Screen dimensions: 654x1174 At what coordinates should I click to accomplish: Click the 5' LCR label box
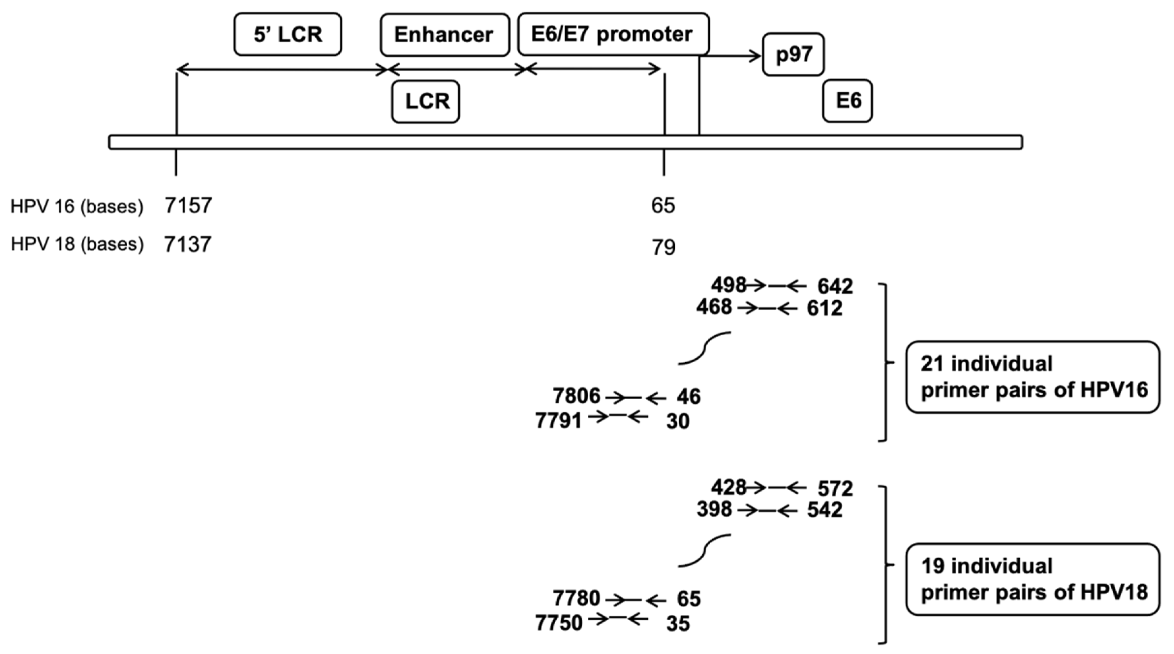point(288,35)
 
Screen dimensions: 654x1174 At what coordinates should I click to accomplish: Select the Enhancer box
point(444,35)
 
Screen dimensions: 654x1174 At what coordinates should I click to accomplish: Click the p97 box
point(793,54)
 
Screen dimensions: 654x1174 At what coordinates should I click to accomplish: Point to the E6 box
point(847,101)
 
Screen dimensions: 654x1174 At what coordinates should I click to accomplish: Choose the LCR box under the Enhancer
point(425,101)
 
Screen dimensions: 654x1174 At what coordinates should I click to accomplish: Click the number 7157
point(188,206)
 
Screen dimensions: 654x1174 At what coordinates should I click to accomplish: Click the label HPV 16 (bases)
point(77,207)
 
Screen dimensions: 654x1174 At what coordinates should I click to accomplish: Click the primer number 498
point(728,285)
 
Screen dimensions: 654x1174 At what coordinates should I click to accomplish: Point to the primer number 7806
point(576,396)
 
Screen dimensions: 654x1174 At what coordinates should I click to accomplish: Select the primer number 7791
point(558,420)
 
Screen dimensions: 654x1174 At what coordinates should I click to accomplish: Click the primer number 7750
point(558,623)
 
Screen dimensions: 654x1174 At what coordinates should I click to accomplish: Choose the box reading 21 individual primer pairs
point(1032,377)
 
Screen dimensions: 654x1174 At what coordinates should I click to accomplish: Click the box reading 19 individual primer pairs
point(1032,579)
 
